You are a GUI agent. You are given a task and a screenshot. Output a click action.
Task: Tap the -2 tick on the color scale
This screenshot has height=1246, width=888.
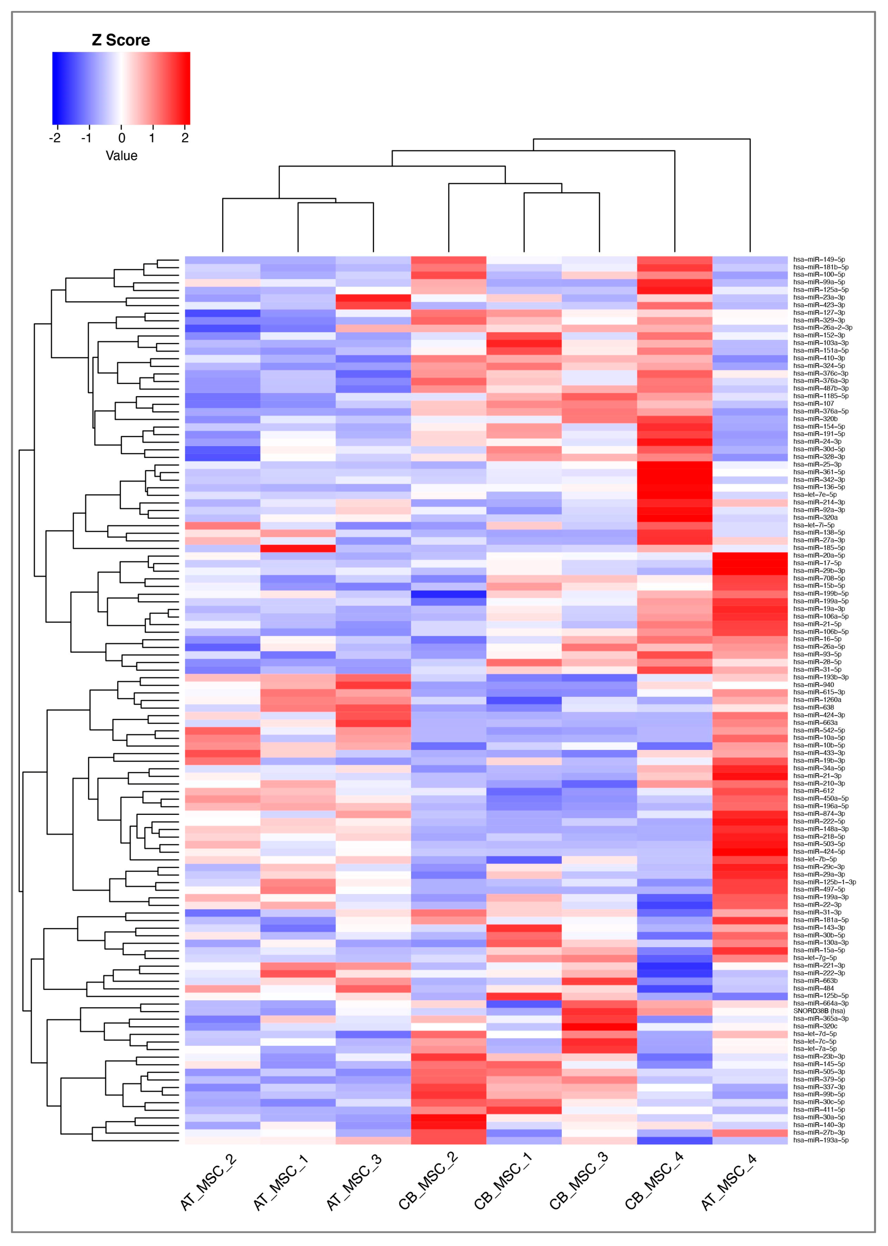point(55,138)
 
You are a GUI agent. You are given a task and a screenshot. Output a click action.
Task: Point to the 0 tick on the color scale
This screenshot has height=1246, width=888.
point(122,138)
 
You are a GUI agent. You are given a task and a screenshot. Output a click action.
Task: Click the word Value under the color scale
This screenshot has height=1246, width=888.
point(122,156)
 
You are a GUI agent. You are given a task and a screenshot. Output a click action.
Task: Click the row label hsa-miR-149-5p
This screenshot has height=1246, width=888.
point(818,260)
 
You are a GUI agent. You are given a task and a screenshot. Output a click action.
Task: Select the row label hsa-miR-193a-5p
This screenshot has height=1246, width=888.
point(820,1140)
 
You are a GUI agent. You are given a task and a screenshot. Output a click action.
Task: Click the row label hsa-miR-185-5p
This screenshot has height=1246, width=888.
point(818,547)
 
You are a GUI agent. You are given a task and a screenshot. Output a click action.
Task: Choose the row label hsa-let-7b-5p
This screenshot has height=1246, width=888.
point(815,859)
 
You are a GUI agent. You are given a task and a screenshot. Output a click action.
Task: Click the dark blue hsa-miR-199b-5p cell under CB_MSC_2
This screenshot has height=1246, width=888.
point(448,593)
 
